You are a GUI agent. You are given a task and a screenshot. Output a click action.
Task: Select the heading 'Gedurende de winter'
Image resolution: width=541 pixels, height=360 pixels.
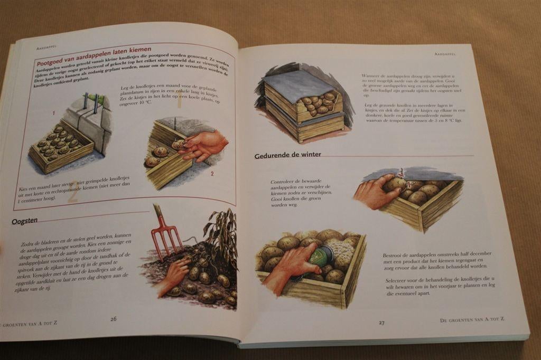coord(287,155)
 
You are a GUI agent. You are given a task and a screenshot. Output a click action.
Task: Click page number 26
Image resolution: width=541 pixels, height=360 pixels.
coord(113,319)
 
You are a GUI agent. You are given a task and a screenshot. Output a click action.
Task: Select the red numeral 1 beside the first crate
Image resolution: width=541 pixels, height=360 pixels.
coord(53,113)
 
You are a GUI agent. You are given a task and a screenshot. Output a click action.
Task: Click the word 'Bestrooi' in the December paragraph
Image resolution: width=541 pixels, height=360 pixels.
coord(394,255)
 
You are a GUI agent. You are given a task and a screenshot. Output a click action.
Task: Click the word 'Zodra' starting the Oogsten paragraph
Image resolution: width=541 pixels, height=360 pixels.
coord(28,244)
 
